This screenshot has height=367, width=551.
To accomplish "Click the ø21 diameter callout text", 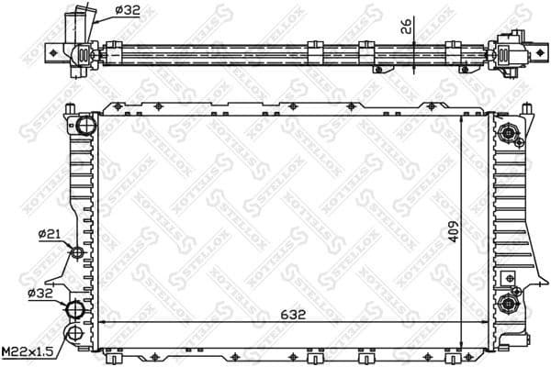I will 50,235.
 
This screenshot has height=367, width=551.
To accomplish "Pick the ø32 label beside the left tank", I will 40,294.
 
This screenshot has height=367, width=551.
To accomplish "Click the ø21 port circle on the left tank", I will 78,252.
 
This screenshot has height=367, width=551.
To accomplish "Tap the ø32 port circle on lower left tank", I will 78,308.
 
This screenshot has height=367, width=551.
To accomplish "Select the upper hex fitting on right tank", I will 506,136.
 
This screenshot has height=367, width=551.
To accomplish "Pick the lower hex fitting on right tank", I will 506,304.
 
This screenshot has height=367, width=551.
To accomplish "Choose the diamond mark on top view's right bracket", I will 506,53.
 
